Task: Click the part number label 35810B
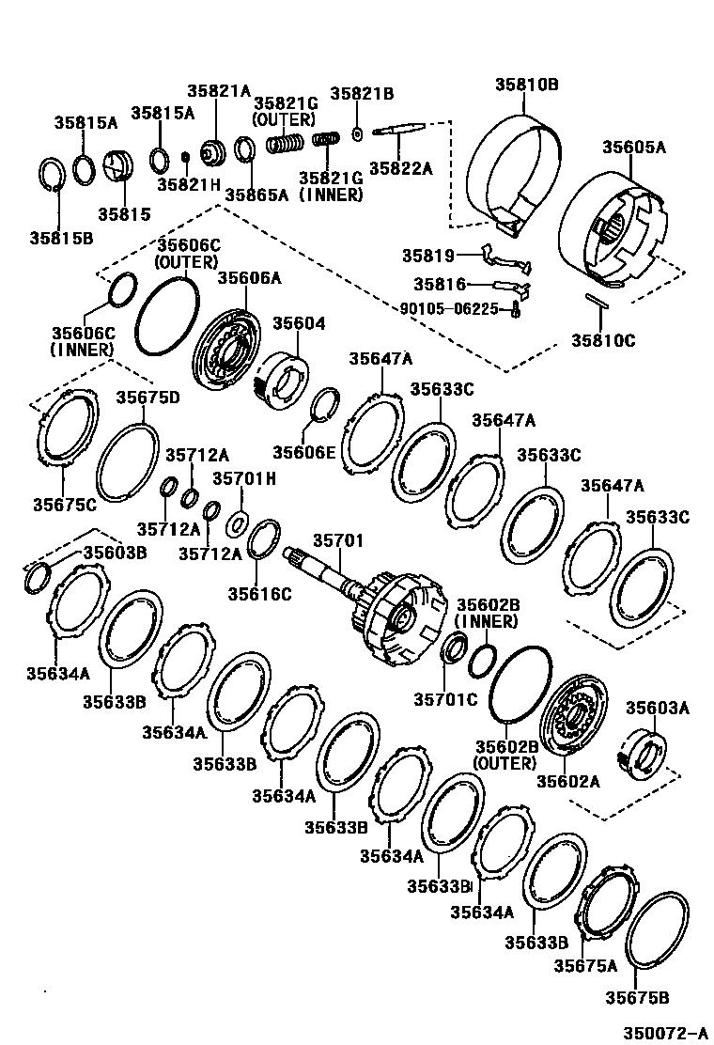point(527,85)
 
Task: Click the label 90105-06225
point(449,307)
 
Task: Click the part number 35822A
point(400,168)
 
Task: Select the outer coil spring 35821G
point(284,145)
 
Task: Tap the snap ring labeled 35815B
point(52,178)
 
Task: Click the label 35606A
point(248,277)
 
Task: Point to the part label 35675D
point(147,398)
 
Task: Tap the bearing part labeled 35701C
point(454,648)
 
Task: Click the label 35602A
point(567,781)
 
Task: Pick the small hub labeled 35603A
point(645,752)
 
